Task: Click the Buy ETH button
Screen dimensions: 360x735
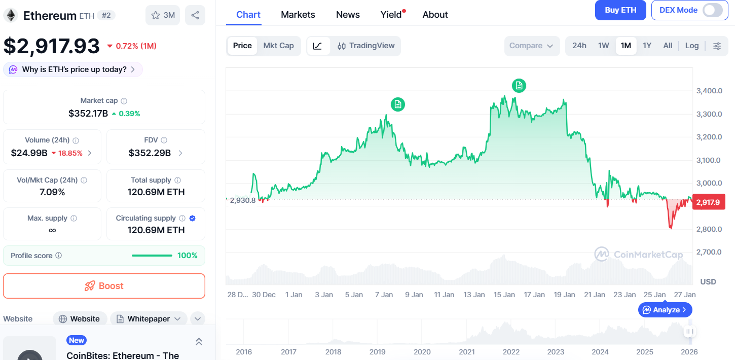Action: (620, 10)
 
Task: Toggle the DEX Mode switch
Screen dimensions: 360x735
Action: (712, 10)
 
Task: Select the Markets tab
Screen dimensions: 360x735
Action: (298, 15)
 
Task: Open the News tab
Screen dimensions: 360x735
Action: (348, 15)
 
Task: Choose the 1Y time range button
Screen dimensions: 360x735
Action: (647, 46)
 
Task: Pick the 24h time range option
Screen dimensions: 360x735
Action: (579, 46)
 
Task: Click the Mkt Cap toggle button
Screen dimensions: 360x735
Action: (278, 46)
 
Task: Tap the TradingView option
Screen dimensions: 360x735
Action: (366, 46)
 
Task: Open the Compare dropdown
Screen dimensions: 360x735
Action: (531, 46)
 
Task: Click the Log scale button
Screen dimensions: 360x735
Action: (692, 46)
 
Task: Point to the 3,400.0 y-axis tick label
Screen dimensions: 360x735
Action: (709, 91)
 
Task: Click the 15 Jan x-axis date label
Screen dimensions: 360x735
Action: (504, 295)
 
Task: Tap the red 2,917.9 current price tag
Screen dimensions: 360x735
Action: (708, 202)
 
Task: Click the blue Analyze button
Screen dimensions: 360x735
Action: (665, 309)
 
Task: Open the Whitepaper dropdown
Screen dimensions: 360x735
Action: (149, 319)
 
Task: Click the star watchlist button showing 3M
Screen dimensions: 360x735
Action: (163, 15)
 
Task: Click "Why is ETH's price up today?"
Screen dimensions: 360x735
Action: (73, 69)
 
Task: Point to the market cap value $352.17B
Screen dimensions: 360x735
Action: (88, 113)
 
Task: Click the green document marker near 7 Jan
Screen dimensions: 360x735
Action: (398, 104)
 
